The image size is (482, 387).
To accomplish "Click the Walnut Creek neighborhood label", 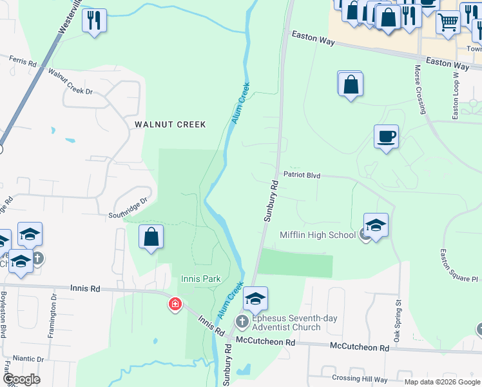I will click(x=170, y=124).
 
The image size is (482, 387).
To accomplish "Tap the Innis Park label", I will click(x=200, y=279).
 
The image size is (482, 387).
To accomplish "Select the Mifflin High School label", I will click(x=318, y=235).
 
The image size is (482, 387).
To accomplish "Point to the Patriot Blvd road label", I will click(x=302, y=175).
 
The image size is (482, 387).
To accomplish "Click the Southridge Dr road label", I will click(x=128, y=207).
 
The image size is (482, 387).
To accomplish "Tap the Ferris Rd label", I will click(x=23, y=61).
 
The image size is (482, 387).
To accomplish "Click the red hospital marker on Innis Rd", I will click(x=174, y=304).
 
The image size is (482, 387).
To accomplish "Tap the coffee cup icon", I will click(x=386, y=136).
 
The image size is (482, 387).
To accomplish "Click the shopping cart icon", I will click(x=448, y=21).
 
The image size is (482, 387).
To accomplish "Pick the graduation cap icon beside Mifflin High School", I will click(x=376, y=224).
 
